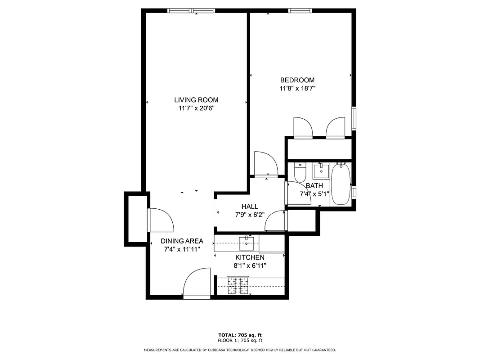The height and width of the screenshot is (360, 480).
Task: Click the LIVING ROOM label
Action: point(196,100)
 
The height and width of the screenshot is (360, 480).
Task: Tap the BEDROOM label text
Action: point(297,80)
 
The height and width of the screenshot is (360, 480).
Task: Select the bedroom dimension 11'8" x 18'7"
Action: point(297,89)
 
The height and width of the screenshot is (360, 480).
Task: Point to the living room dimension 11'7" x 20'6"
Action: point(196,108)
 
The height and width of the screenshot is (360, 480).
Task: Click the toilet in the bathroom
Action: point(300,172)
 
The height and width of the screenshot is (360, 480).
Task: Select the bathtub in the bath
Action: point(341,184)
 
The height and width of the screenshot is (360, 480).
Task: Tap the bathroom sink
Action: point(321,171)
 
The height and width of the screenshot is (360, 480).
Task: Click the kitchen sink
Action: point(247,243)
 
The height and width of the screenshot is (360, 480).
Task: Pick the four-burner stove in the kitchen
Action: point(238,286)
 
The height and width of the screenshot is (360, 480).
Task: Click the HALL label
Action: point(250,207)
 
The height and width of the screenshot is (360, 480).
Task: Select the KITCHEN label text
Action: point(250,257)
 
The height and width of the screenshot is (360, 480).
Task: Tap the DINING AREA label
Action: point(182,241)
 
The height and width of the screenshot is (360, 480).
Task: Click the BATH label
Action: point(314,186)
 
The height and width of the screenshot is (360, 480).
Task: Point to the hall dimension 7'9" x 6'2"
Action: point(250,215)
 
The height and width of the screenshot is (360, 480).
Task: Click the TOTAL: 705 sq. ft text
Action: point(240,335)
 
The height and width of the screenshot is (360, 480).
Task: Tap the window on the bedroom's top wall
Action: point(301,11)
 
